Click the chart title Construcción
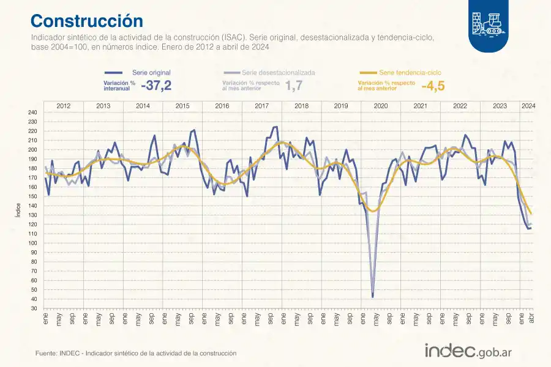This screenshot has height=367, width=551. (x=86, y=21)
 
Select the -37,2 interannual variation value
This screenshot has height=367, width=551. (x=156, y=86)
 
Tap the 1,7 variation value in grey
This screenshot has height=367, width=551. (x=294, y=86)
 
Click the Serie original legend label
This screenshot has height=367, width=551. (x=151, y=72)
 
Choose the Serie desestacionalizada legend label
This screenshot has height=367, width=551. (x=279, y=72)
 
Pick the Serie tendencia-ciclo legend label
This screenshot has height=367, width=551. (x=410, y=72)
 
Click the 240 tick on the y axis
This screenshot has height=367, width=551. (x=32, y=113)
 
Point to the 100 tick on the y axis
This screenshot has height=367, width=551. (x=32, y=243)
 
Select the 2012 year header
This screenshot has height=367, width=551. (x=63, y=106)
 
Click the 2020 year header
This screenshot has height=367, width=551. (x=380, y=106)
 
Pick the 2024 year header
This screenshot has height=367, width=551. (x=528, y=106)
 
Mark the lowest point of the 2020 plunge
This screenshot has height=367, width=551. (x=373, y=297)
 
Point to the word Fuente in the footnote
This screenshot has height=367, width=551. (x=46, y=354)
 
